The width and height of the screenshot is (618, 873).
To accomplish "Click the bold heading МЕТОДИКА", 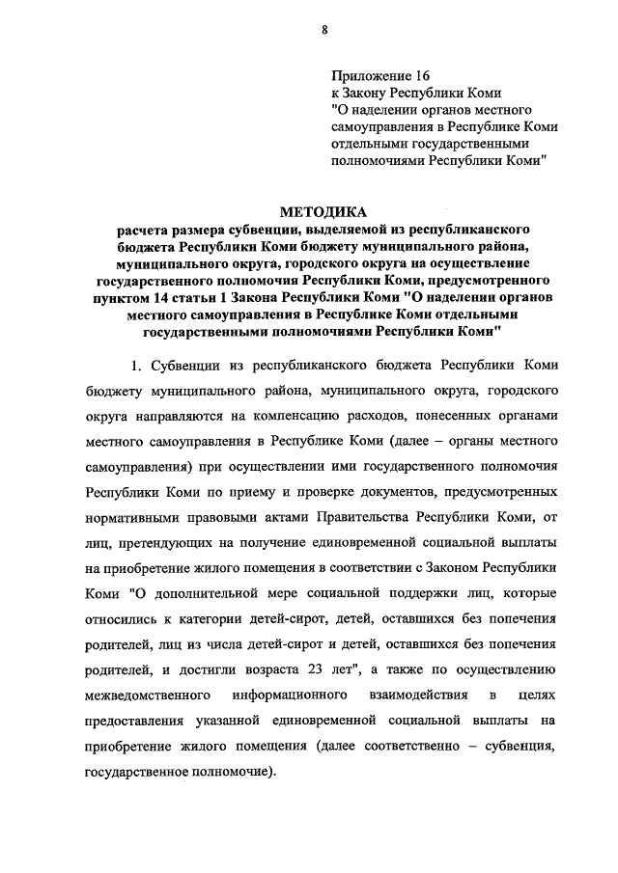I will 324,211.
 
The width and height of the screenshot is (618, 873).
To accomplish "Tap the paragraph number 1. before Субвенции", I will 136,367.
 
